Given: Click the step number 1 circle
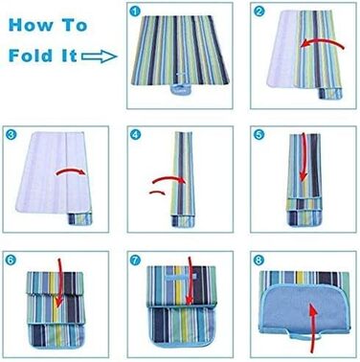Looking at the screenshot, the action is (x=135, y=11).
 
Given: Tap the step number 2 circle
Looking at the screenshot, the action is (x=259, y=11).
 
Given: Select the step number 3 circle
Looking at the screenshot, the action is (x=11, y=135).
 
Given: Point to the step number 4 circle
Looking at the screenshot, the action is (x=135, y=135).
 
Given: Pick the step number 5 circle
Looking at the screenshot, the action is (x=259, y=135).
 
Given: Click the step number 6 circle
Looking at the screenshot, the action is (x=11, y=260).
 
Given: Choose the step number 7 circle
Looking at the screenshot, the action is (x=135, y=260).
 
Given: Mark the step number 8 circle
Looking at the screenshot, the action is (x=259, y=260).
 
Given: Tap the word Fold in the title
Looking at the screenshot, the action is (x=31, y=56).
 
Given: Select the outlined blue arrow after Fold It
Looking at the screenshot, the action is (x=100, y=57).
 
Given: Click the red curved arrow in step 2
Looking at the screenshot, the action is (x=322, y=43).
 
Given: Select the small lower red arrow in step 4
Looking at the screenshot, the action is (x=157, y=192).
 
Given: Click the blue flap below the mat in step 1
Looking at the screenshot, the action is (x=180, y=88).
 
